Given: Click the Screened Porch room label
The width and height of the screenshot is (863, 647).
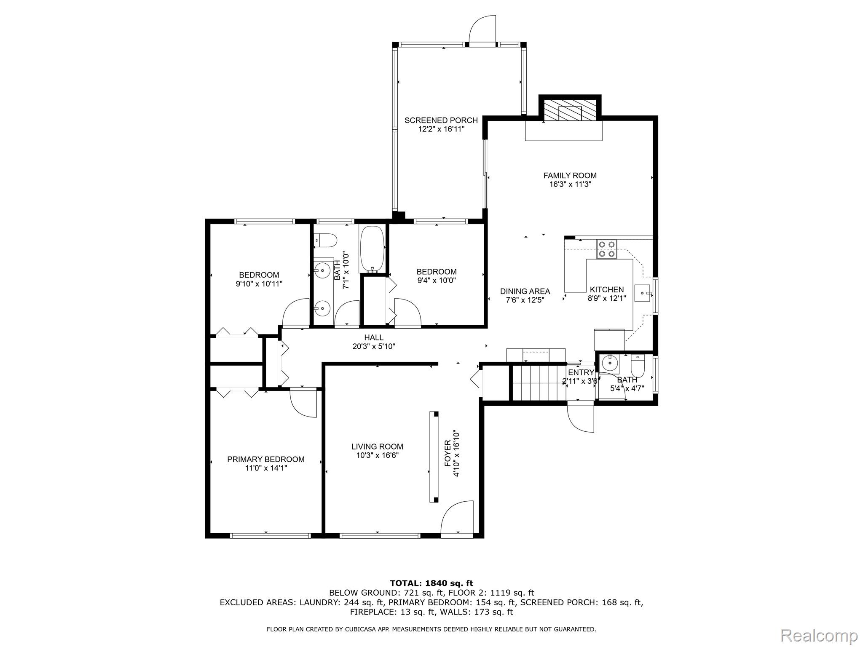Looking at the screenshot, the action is coord(441,120).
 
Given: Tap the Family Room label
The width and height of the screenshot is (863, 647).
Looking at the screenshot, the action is coord(570,176).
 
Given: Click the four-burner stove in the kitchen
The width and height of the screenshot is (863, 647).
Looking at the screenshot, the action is coord(607,249).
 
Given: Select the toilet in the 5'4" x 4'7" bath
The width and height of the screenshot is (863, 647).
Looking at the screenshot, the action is coord(638,366).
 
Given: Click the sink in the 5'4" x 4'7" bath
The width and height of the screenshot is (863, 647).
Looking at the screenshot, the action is coord(609,362).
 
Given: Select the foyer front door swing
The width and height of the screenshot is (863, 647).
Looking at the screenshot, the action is coord(457,516).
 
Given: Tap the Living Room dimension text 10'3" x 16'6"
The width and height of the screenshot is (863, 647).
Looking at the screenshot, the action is coord(378,455).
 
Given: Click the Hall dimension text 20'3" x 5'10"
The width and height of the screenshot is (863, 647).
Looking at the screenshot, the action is coord(374,347).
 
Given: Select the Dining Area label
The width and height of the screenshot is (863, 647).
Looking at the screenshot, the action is coord(525,291).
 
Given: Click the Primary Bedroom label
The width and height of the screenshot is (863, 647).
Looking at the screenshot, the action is coord(266,459).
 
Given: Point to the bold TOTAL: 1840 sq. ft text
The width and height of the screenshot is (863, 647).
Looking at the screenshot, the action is coord(431,583).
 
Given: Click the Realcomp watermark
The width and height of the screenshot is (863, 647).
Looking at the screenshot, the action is coord(819,634).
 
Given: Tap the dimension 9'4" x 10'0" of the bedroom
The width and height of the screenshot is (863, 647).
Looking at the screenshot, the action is coord(437,281).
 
